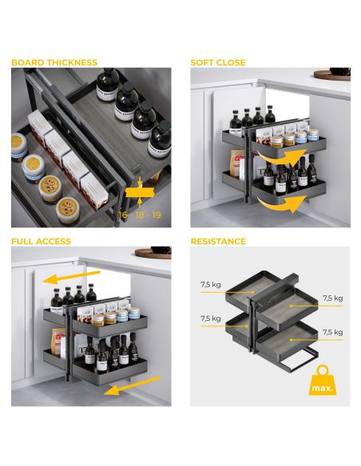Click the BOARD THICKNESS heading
click(54, 62)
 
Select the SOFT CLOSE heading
click(218, 62)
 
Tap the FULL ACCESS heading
click(41, 241)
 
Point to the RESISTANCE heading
click(218, 241)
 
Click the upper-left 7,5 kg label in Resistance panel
click(211, 284)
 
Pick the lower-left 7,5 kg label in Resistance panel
click(211, 318)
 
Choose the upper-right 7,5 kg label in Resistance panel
click(332, 298)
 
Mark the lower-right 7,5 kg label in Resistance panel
click(332, 332)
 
